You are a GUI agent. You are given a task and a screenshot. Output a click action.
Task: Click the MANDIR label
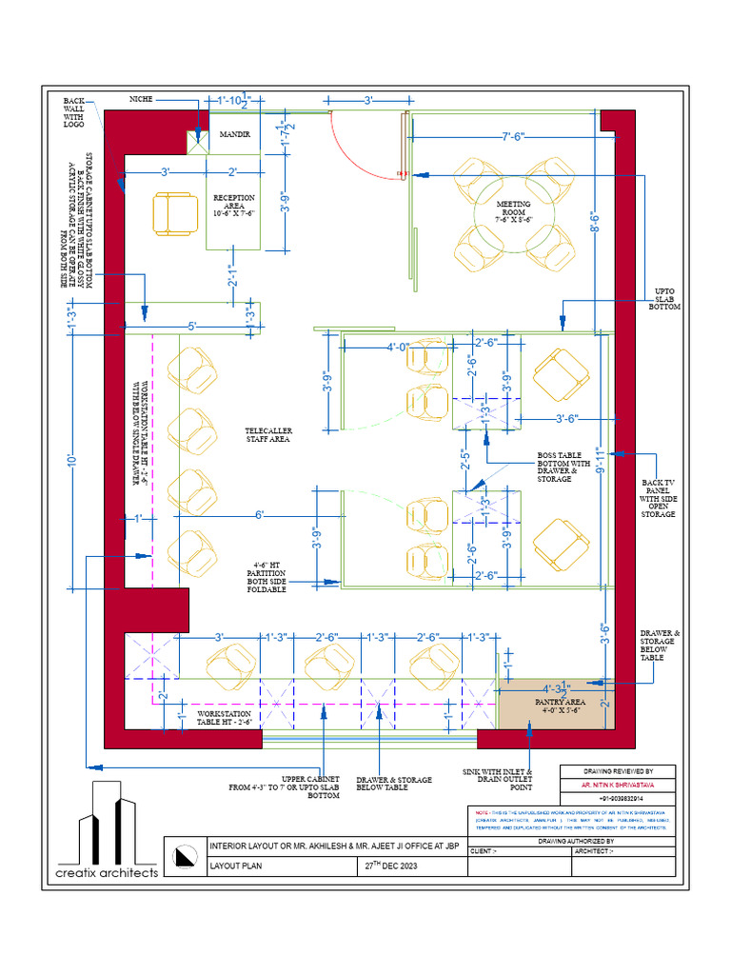point(235,135)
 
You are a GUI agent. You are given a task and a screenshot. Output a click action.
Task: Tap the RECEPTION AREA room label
point(234,206)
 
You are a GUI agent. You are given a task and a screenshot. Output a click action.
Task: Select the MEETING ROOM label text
point(513,211)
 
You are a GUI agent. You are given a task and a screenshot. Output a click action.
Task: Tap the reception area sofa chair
point(173,213)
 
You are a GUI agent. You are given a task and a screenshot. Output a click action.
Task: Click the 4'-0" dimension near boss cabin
point(397,347)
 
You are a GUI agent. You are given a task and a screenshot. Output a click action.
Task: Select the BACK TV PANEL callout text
point(658,499)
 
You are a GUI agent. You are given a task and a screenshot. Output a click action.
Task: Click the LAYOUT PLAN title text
point(238,867)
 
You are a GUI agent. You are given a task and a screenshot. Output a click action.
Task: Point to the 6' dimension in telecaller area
point(258,515)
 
